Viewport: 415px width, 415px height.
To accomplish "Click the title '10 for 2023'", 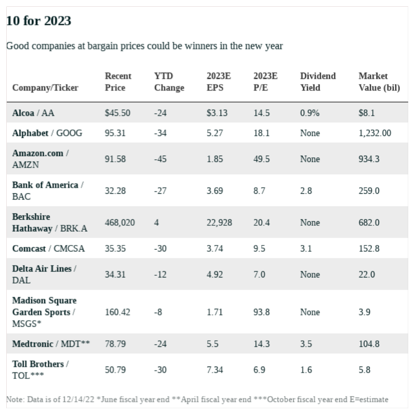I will click(38, 21).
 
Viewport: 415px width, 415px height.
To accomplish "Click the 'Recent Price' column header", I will click(118, 82).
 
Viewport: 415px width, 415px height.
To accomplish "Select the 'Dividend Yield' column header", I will click(318, 82).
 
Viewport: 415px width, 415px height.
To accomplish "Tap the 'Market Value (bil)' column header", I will click(379, 82).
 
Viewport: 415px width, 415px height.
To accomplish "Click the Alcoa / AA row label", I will click(33, 113).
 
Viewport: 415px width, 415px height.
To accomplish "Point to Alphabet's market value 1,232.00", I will click(374, 133).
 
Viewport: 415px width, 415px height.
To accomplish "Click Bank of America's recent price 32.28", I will click(115, 191).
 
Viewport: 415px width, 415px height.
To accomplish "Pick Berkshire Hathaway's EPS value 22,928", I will click(219, 222).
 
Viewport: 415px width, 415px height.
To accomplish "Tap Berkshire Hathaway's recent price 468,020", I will click(120, 222).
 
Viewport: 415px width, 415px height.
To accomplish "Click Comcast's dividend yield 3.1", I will click(306, 248).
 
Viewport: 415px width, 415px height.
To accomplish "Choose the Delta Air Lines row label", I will click(44, 274).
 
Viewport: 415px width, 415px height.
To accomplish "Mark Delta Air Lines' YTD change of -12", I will click(160, 274).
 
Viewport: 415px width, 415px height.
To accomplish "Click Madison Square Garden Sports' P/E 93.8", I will click(261, 312).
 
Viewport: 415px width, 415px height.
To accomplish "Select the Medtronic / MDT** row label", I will click(51, 343).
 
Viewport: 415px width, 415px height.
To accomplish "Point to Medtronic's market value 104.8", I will click(369, 343).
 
